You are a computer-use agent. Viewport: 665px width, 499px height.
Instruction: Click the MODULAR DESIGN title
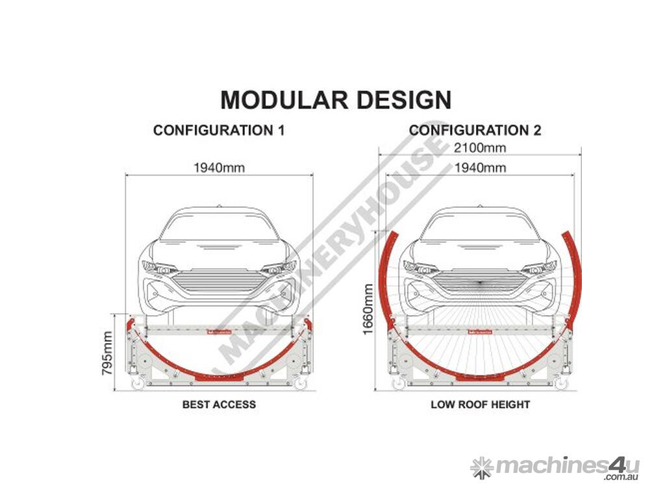336,100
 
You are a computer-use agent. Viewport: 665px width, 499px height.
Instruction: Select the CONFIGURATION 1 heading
219,130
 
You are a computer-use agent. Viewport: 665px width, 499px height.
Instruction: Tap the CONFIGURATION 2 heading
475,130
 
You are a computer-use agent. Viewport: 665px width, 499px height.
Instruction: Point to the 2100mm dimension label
480,147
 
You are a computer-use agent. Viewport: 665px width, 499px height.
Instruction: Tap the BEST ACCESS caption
219,404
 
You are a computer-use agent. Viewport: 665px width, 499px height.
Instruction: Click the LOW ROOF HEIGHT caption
480,404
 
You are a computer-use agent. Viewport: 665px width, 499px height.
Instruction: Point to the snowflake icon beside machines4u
482,467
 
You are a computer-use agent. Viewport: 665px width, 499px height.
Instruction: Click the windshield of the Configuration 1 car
219,226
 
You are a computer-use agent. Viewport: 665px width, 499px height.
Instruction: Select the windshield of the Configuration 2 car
480,226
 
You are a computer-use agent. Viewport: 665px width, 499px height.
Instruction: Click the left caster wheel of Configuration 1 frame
138,385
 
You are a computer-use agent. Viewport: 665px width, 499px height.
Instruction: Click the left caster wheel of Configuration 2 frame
398,385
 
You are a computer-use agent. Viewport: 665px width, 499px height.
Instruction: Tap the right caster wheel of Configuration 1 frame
299,385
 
